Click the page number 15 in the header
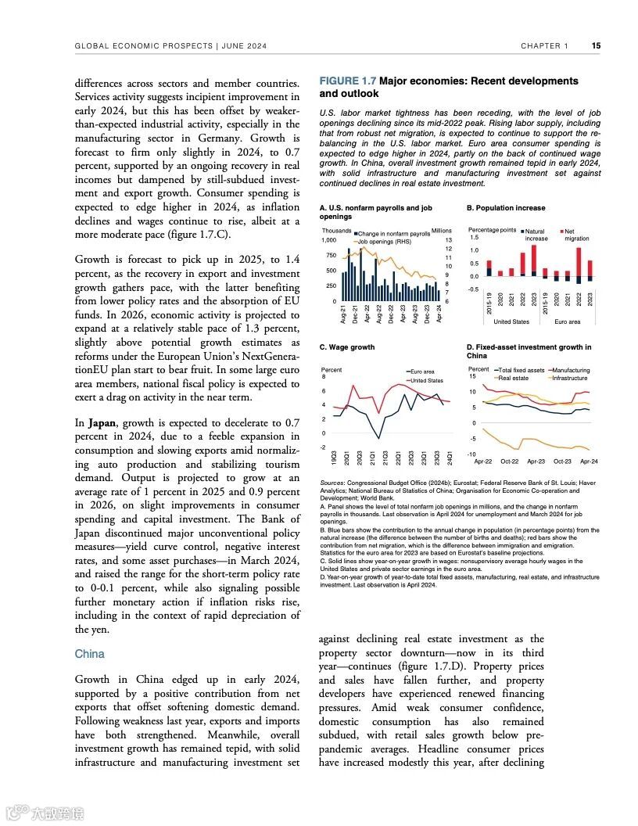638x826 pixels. (596, 46)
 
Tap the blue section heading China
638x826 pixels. (89, 653)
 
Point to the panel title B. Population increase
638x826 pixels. (506, 208)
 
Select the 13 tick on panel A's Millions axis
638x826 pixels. (448, 240)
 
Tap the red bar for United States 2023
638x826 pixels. (534, 258)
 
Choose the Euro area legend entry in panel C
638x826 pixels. (421, 372)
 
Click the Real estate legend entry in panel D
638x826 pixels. (512, 378)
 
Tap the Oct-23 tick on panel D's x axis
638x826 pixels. (562, 461)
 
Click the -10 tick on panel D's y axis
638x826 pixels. (471, 454)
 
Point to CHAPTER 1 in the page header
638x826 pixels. (545, 46)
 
